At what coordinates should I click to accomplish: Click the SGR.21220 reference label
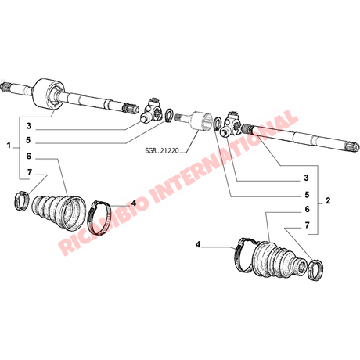click(x=162, y=150)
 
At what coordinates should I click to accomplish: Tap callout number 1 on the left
click(x=9, y=145)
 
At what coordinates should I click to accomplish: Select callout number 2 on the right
click(x=328, y=200)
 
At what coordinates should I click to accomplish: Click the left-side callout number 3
click(x=28, y=126)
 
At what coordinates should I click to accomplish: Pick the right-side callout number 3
click(x=306, y=178)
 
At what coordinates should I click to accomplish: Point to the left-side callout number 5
click(x=28, y=140)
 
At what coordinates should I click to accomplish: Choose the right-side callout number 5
click(x=307, y=195)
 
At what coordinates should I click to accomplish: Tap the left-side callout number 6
click(x=28, y=157)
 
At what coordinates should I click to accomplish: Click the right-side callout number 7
click(x=307, y=225)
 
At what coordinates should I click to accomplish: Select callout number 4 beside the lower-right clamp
click(x=198, y=245)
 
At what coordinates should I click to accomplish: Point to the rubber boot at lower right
click(x=279, y=259)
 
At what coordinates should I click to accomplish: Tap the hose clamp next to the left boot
click(x=99, y=218)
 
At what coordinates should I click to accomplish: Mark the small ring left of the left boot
click(x=20, y=201)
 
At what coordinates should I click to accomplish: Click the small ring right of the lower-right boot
click(x=315, y=271)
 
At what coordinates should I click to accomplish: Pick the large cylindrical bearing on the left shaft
click(x=49, y=94)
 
